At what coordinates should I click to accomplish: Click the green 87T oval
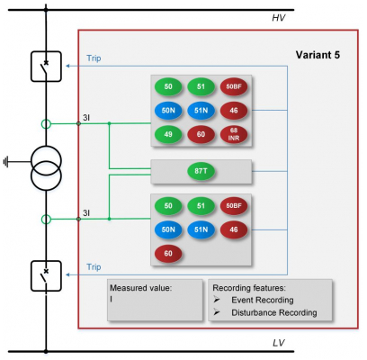201,171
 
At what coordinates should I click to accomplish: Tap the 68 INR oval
234,134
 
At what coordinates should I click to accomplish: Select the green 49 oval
168,134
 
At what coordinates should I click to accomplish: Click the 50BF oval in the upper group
234,86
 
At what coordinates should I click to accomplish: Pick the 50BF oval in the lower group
234,206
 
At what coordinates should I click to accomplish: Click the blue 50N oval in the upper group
168,111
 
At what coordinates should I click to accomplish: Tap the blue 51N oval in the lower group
201,229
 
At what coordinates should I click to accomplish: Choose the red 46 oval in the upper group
234,111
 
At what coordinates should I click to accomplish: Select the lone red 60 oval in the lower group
168,254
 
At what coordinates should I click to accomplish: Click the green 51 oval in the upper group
201,86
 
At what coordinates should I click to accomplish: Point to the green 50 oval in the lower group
168,206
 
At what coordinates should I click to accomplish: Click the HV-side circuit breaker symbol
46,67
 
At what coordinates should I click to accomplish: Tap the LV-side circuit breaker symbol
46,276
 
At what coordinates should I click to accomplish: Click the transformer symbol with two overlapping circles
46,168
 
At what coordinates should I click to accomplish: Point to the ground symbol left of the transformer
5,162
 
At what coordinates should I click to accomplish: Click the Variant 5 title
318,55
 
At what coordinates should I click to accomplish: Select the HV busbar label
279,18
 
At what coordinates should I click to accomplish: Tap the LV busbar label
279,343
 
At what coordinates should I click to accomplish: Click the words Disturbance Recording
274,312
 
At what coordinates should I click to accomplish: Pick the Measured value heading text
140,288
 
